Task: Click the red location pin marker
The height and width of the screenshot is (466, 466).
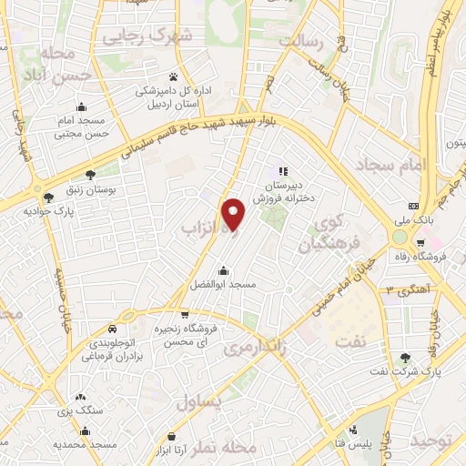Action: (234, 212)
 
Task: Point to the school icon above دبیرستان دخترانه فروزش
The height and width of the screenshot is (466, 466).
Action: (283, 170)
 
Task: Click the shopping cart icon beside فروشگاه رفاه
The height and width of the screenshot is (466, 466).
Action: (420, 243)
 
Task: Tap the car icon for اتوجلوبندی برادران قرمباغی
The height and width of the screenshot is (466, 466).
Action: (111, 329)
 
